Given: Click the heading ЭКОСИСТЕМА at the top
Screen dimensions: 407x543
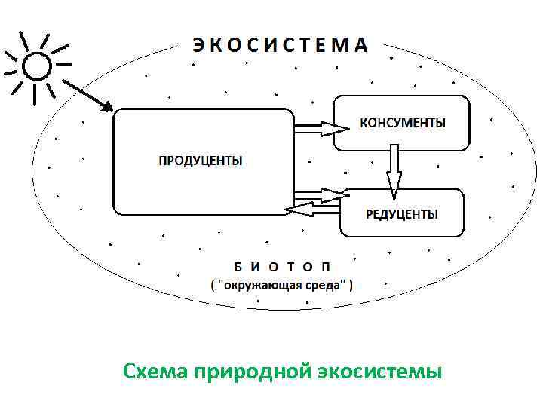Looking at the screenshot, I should click(280, 44).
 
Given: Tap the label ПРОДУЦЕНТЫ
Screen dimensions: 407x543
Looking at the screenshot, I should click(201, 161).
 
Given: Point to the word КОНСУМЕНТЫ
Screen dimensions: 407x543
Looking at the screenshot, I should click(402, 122).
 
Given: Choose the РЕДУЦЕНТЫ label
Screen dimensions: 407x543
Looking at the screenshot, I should click(402, 215).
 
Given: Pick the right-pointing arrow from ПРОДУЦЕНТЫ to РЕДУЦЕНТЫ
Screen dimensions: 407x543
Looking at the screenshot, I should click(320, 195).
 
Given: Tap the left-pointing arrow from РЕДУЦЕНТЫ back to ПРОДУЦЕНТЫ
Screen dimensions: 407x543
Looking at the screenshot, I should click(313, 207).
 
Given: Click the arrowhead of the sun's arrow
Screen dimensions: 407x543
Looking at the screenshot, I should click(107, 107).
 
